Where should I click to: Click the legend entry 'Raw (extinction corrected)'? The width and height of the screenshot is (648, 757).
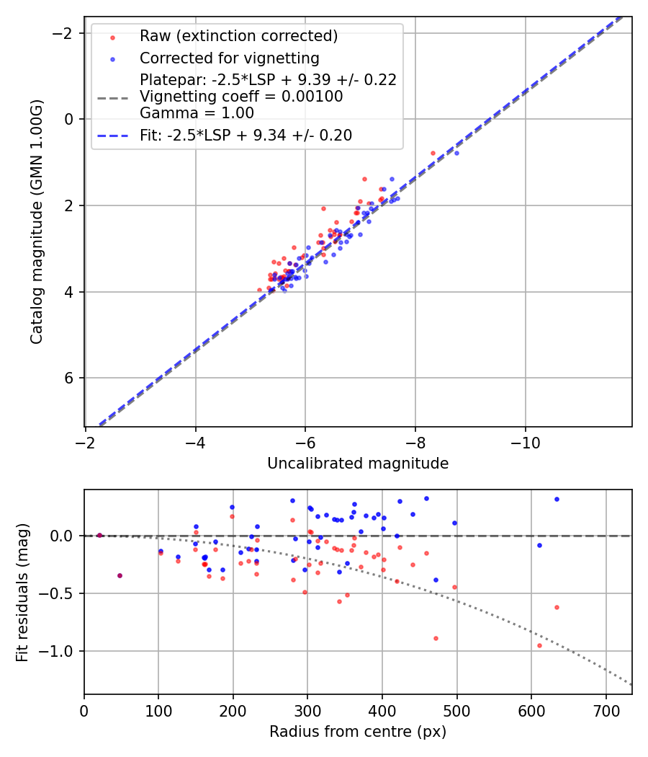(238, 36)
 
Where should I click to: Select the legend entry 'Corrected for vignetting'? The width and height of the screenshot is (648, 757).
(229, 58)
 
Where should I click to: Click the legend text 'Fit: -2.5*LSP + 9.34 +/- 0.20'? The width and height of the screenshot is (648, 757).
(246, 135)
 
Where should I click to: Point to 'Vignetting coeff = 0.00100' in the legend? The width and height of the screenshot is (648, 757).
(241, 97)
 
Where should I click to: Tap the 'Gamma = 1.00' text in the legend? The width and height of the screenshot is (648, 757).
(197, 112)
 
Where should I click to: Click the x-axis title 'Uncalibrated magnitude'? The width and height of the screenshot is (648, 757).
(358, 464)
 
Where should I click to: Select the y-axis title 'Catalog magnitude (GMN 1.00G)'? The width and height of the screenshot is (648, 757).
(37, 222)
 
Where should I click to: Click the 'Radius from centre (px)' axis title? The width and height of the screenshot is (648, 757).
(358, 732)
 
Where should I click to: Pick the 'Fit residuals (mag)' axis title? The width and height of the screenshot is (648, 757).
(22, 592)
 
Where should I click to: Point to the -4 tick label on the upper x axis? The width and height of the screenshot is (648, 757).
(196, 442)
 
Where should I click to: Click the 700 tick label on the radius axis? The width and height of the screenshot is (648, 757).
(606, 710)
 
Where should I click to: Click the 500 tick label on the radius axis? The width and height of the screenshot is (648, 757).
(456, 710)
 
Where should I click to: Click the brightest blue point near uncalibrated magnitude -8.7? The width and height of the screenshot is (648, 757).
(456, 153)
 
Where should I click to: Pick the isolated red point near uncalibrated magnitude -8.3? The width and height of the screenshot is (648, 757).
(433, 153)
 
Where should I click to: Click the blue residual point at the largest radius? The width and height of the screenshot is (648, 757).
(557, 499)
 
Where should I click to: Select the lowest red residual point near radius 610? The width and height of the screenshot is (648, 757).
(539, 645)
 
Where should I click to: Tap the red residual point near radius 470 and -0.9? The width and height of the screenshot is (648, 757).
(436, 638)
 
